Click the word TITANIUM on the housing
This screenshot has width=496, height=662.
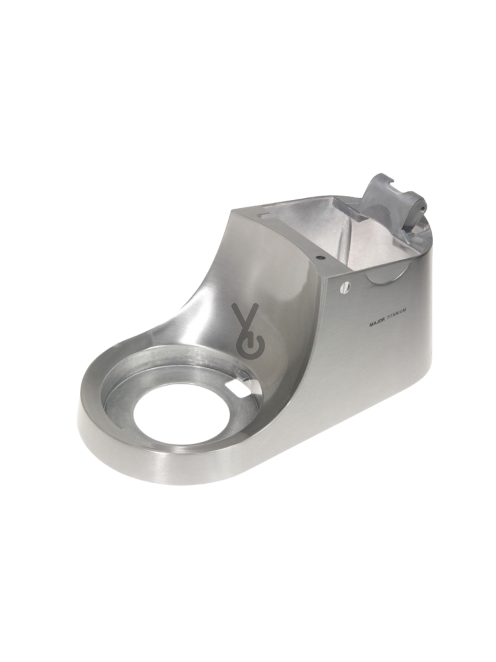click(x=396, y=320)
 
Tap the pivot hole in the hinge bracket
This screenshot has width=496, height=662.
click(x=423, y=208)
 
